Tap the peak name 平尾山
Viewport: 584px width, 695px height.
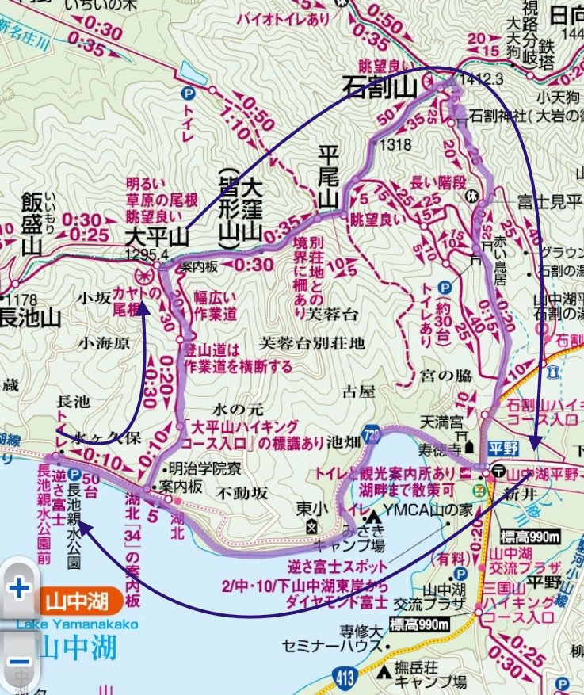328,176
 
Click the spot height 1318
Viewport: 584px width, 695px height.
395,144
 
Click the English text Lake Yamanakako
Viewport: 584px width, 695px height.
77,624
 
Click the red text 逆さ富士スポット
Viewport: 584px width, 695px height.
327,567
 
